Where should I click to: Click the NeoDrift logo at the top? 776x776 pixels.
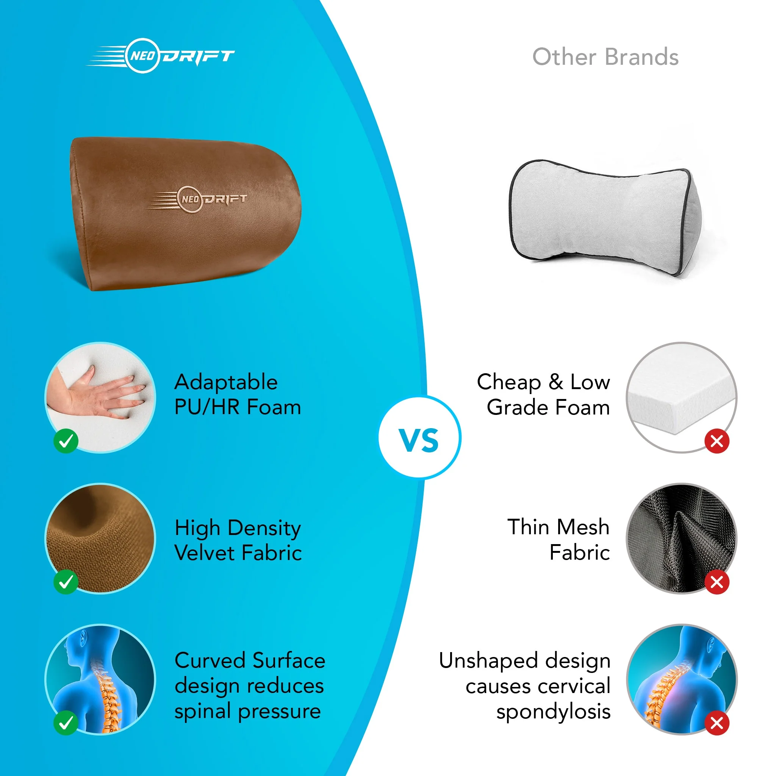(x=161, y=56)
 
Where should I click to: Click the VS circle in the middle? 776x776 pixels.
(x=419, y=437)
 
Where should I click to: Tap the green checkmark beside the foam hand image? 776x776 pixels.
(x=66, y=441)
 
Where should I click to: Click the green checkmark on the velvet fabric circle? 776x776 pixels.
(x=66, y=582)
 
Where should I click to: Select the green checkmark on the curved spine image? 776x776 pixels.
(x=66, y=723)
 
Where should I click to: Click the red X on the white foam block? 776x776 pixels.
(x=717, y=441)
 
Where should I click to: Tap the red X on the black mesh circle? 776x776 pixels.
(x=717, y=582)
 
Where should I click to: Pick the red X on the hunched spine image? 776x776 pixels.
(x=717, y=723)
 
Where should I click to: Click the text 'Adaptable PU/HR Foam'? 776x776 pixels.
(x=237, y=394)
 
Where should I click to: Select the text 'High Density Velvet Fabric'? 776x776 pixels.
(x=238, y=540)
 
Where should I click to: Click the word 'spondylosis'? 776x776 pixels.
(x=553, y=712)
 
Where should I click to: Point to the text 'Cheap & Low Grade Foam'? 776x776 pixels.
(x=543, y=394)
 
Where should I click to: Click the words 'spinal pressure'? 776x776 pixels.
(x=247, y=711)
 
